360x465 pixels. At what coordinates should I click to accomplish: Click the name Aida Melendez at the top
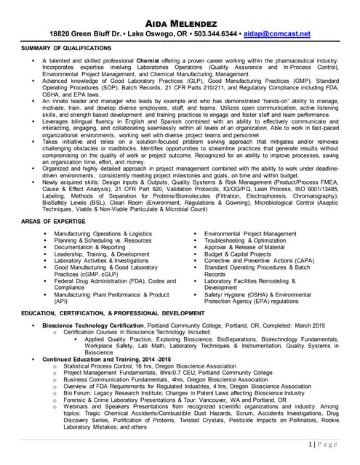(x=180, y=22)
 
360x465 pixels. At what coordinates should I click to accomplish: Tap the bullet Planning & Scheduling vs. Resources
(x=103, y=240)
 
